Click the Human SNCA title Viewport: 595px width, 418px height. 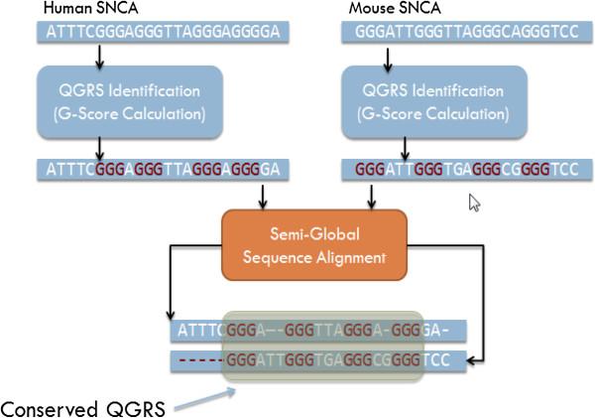(90, 8)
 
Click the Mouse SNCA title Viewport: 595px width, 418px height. (395, 8)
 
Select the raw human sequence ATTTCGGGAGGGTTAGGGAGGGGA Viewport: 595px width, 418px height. (164, 32)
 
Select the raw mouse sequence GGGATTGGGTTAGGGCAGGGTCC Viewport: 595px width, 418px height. (467, 32)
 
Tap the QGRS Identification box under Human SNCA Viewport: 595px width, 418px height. (130, 102)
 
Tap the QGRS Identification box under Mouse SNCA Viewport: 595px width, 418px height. (434, 102)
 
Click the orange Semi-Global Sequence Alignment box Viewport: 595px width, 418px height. (314, 245)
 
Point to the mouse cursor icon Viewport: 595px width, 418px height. (474, 203)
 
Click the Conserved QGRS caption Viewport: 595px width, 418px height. (82, 409)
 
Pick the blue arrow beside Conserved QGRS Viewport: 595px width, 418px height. (205, 398)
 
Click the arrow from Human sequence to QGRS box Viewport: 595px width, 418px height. (99, 58)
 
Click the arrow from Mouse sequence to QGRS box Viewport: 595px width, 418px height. (388, 60)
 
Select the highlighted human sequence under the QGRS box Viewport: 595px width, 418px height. (164, 170)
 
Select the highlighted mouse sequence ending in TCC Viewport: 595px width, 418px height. (467, 170)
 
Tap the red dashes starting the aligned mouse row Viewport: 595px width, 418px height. (201, 360)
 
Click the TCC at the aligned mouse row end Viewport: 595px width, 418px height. (436, 359)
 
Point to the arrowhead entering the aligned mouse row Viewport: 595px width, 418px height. (472, 360)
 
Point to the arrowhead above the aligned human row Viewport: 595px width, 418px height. (171, 315)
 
